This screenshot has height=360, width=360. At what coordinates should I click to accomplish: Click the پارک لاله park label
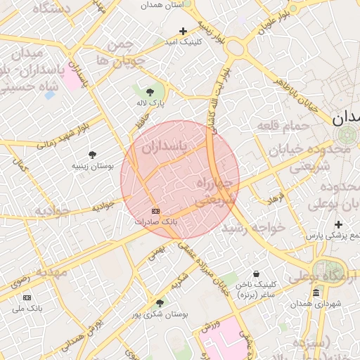(150, 103)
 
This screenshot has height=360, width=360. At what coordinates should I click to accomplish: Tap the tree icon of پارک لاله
(150, 92)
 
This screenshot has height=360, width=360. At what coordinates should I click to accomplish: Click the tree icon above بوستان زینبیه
(92, 155)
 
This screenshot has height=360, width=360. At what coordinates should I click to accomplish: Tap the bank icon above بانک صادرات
(155, 211)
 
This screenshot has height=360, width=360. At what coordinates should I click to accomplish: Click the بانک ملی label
(29, 308)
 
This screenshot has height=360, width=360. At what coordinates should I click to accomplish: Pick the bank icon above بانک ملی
(27, 297)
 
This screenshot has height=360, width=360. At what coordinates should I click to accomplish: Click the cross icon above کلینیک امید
(183, 31)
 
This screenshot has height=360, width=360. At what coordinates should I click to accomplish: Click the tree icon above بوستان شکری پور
(160, 303)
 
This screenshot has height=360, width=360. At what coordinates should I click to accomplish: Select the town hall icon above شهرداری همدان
(316, 292)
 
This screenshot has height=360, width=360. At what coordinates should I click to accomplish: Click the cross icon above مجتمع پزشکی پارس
(338, 225)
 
